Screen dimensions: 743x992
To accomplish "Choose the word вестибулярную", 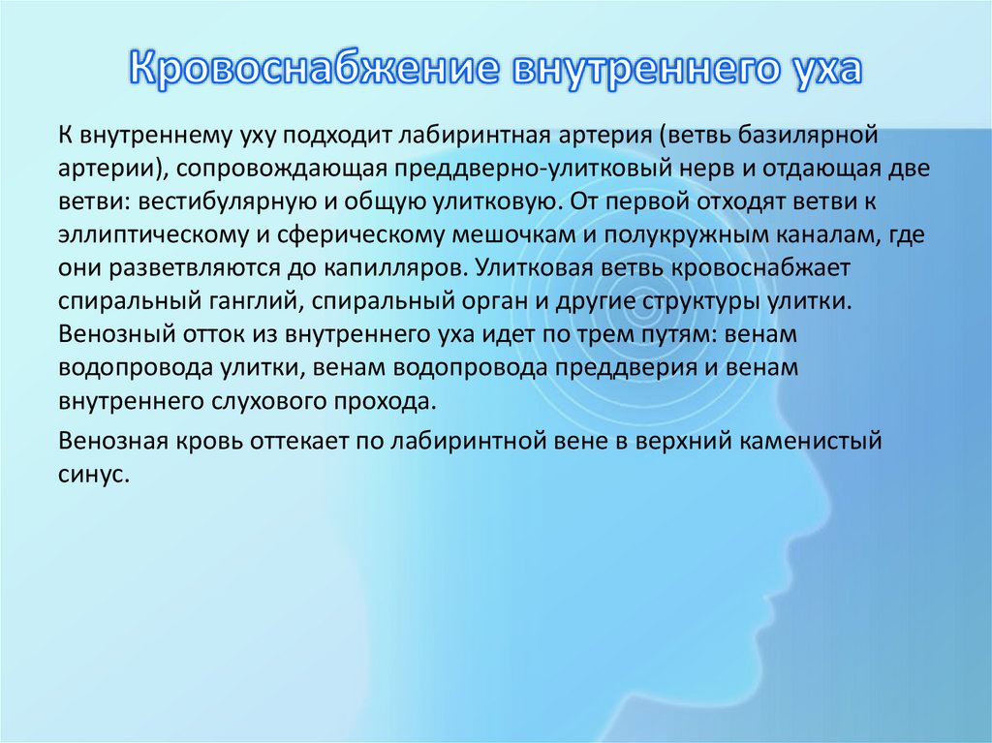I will pyautogui.click(x=209, y=202).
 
